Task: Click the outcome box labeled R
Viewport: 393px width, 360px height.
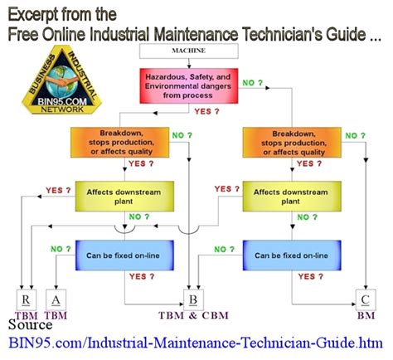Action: tap(27, 299)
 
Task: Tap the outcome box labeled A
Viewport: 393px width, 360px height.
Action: tap(56, 299)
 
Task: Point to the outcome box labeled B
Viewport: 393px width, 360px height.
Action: tap(192, 299)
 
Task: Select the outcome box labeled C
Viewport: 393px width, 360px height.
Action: tap(364, 299)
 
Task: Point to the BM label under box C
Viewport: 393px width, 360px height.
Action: tap(364, 315)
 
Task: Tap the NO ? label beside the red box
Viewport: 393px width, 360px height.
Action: tap(254, 83)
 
